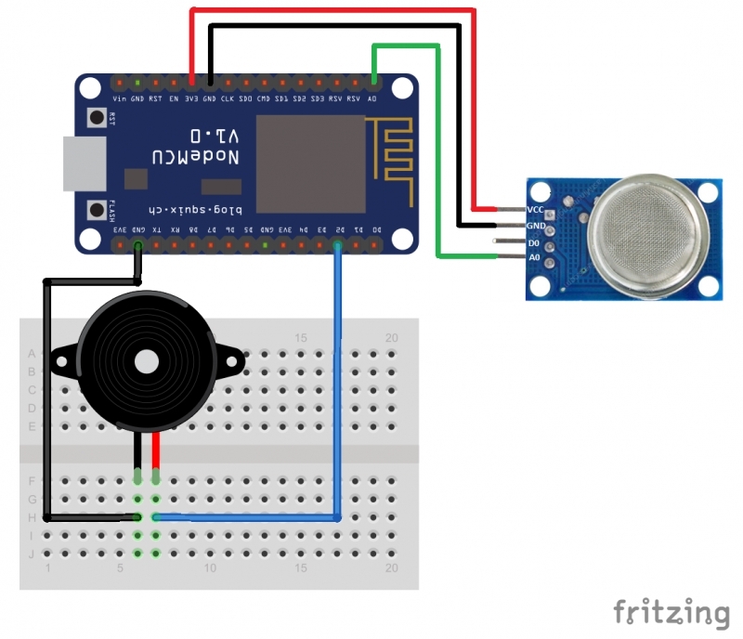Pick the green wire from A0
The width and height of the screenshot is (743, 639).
coord(437,167)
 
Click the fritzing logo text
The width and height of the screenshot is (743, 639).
coord(671,613)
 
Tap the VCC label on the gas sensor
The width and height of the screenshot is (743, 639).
coord(535,210)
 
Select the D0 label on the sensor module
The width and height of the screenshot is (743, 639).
coord(534,242)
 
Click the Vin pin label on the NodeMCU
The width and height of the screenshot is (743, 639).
coord(119,98)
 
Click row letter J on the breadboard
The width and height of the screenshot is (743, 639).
coord(33,554)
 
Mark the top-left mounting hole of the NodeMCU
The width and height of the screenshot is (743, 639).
coord(89,88)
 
